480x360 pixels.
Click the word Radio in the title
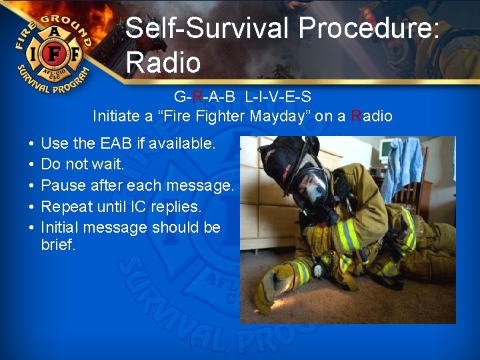point(163,63)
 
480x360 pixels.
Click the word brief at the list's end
point(58,245)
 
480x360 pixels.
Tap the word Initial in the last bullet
point(61,227)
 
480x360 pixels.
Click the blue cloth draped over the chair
point(403,167)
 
